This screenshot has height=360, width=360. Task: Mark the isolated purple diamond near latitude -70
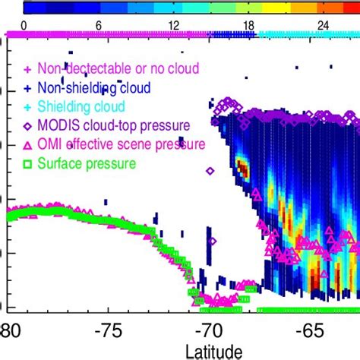click(x=212, y=242)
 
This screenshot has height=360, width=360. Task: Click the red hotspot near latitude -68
click(x=242, y=165)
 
